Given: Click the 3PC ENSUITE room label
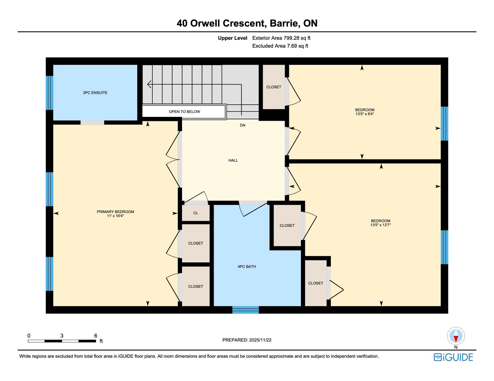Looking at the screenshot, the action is (95, 93).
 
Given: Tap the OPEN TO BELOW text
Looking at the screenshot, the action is (184, 112).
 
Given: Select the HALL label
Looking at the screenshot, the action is (233, 160).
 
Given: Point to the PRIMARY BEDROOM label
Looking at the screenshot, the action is (115, 212).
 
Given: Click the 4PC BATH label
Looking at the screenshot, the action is (247, 266).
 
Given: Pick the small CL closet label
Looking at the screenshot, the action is (195, 213).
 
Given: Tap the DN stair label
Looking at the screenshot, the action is (242, 125).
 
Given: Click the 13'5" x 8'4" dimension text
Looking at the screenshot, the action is (365, 114).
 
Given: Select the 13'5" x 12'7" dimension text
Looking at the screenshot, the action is (380, 225).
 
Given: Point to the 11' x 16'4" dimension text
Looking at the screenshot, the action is (115, 216).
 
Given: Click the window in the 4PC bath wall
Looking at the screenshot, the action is (245, 310).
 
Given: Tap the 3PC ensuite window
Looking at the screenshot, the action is (50, 93).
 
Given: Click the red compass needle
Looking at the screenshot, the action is (456, 338).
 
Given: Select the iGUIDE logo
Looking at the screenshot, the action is (453, 357).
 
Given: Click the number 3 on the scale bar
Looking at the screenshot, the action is (62, 335).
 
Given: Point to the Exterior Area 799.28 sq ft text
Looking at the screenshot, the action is (281, 38).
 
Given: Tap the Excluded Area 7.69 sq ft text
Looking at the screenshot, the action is (280, 46).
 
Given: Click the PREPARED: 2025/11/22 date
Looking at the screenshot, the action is (247, 340).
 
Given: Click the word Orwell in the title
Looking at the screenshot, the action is (205, 23).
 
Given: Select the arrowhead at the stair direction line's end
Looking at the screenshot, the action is (149, 84).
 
